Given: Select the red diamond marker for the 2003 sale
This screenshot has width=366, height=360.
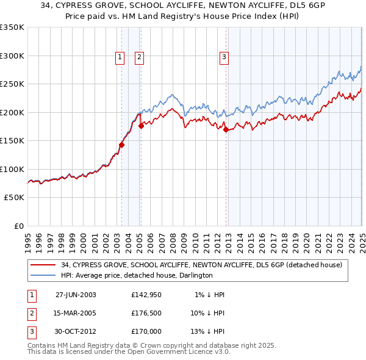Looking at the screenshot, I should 121,145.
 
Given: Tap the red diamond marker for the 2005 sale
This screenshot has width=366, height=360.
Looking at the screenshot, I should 141,126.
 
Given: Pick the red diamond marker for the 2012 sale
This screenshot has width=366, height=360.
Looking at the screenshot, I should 226,129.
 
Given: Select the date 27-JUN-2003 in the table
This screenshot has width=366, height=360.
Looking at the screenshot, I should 76,295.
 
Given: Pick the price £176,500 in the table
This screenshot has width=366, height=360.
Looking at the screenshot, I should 146,313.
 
